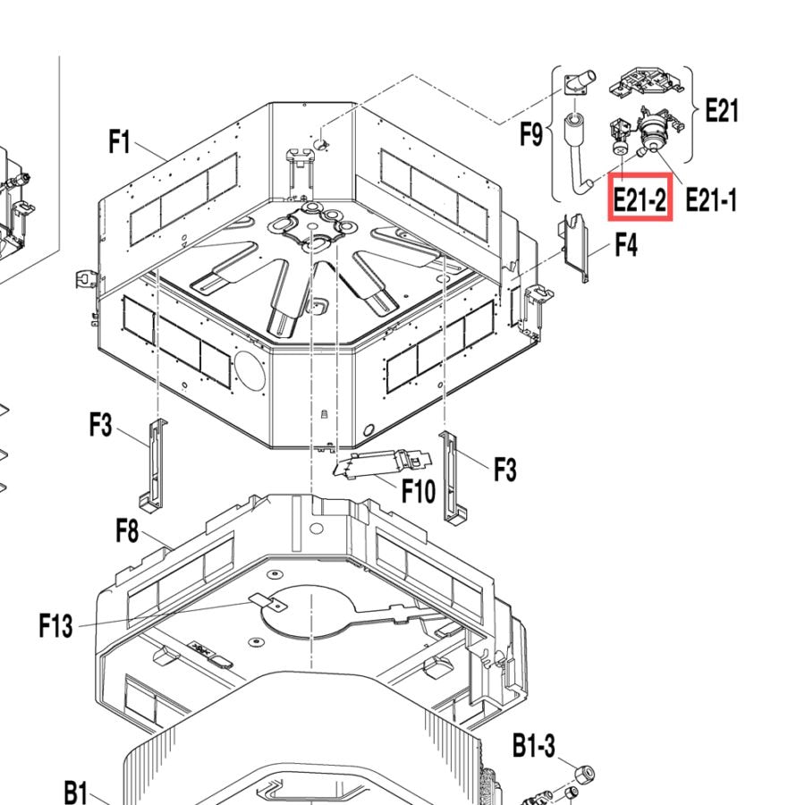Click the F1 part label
(120, 141)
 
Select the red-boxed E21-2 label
(640, 199)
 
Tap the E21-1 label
(711, 199)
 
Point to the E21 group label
(722, 110)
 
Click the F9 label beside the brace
(531, 134)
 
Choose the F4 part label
(626, 244)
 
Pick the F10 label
(419, 491)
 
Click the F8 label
(127, 530)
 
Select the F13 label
(56, 626)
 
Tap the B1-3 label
(534, 745)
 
